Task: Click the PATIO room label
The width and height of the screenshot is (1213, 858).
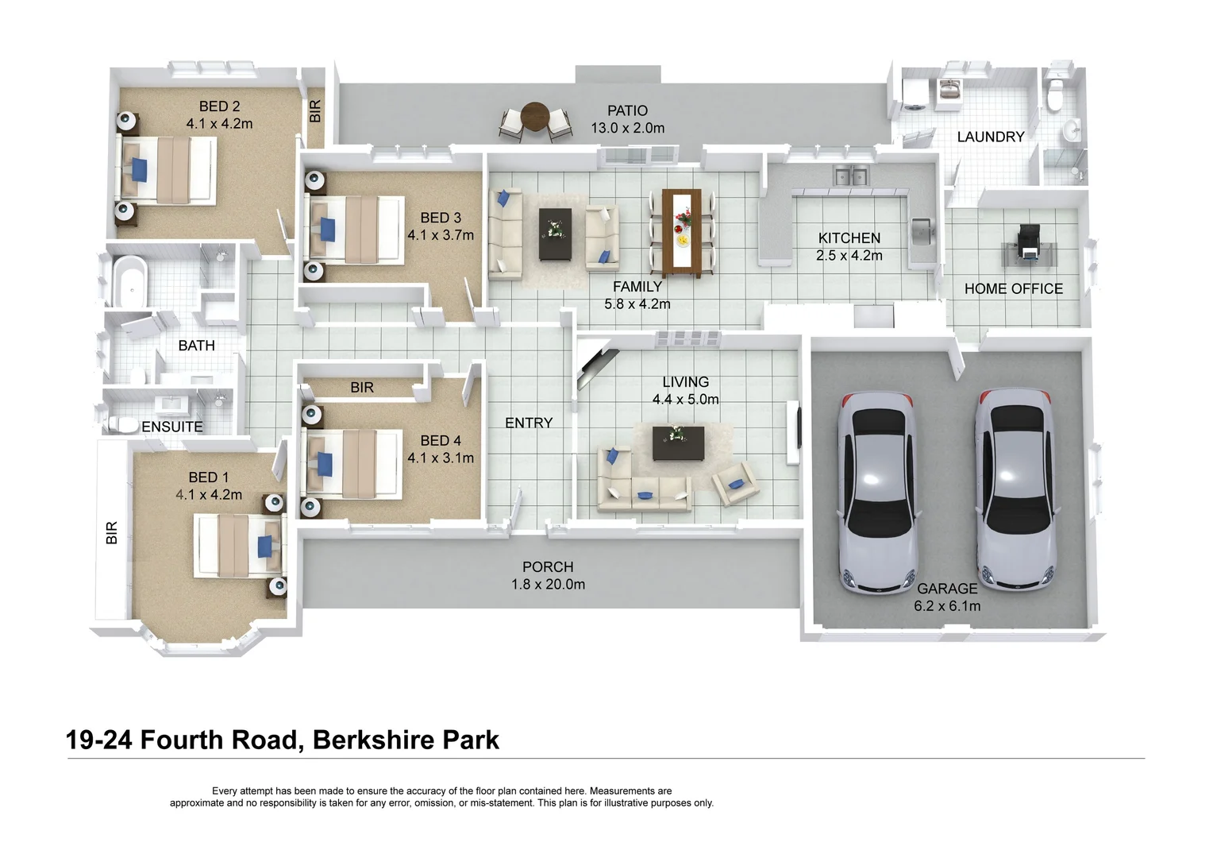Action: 627,110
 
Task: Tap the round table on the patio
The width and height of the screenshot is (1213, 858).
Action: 535,117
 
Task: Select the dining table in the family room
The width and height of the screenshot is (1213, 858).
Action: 681,231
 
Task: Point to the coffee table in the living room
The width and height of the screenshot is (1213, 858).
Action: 678,443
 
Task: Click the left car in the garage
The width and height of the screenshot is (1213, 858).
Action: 877,492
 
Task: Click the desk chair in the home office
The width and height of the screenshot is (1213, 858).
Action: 1029,236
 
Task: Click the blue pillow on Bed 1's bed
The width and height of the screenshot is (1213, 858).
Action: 264,546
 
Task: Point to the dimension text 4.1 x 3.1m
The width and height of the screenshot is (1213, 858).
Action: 441,458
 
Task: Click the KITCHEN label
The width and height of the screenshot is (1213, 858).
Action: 849,238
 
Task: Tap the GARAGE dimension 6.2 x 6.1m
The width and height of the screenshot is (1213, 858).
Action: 946,606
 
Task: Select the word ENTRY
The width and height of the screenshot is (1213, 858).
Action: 529,423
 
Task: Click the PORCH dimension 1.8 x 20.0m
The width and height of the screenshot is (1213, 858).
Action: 548,585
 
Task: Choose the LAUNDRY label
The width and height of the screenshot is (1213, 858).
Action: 990,137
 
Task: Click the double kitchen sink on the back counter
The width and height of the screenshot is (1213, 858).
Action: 850,176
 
